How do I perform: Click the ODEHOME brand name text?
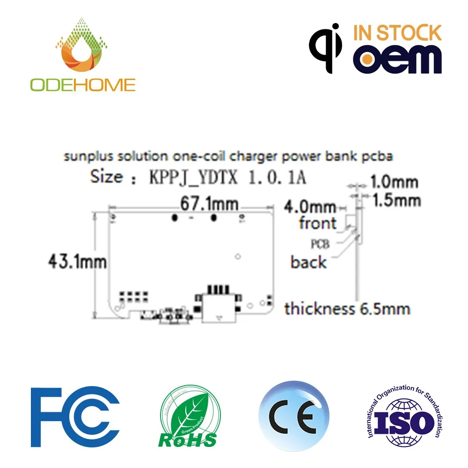[83, 84]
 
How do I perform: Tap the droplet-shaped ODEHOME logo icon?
[83, 47]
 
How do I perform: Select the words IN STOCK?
[397, 33]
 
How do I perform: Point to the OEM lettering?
[397, 58]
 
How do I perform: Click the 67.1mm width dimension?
[209, 205]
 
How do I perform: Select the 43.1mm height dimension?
[77, 261]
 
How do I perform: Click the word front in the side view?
[318, 223]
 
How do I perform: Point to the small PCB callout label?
[320, 244]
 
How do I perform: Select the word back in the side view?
[308, 262]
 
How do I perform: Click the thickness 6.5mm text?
[347, 309]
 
